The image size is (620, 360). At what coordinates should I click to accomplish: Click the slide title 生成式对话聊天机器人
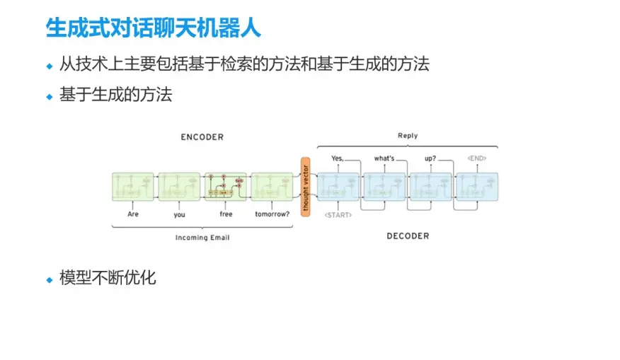(153, 28)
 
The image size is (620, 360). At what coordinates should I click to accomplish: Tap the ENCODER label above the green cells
(202, 137)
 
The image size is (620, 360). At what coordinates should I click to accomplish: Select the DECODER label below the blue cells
(408, 236)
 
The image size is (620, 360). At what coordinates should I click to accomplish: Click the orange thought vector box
(306, 186)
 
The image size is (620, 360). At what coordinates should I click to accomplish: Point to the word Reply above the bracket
(408, 136)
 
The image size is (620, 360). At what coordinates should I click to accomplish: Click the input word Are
(133, 214)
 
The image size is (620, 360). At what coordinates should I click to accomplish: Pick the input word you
(179, 214)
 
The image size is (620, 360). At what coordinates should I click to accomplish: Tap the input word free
(226, 214)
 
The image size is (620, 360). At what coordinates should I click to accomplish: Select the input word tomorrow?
(272, 214)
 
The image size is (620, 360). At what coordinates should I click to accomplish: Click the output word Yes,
(337, 158)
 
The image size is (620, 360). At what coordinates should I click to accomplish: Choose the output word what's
(384, 158)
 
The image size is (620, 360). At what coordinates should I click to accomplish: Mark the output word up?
(430, 158)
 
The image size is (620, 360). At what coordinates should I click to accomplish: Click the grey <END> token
(476, 158)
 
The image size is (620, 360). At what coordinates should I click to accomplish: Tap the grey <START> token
(338, 214)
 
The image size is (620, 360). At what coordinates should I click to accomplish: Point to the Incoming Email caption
(202, 238)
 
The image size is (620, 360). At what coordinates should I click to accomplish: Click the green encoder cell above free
(226, 186)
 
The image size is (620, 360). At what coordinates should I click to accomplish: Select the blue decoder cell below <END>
(476, 186)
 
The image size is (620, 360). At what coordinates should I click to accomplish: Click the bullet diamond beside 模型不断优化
(50, 279)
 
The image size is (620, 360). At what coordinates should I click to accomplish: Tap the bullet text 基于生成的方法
(115, 95)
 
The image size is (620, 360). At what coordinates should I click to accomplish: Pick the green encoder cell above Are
(133, 186)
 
